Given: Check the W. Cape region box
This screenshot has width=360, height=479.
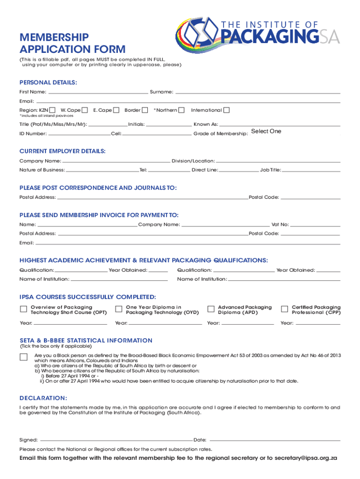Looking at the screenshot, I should (x=85, y=110).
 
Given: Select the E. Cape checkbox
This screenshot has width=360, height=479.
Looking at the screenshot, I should (x=116, y=110).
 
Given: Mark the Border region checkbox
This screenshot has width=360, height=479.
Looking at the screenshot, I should (x=145, y=110).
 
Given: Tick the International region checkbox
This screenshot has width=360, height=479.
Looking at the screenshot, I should (x=227, y=110).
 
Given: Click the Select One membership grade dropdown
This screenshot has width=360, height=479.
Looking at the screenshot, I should (x=266, y=131).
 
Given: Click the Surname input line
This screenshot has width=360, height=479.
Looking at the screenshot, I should (x=258, y=91).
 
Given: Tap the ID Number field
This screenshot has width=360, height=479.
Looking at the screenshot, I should (x=79, y=134).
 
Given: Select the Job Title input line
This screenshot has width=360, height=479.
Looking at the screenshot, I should (x=311, y=170).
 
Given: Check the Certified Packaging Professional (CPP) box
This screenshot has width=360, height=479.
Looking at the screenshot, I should (x=284, y=309).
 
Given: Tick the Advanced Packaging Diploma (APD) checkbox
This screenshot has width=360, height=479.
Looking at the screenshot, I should (x=210, y=309).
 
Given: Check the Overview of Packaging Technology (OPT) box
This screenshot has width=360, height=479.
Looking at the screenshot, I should (x=23, y=309).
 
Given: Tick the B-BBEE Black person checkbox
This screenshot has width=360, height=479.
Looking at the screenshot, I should (x=23, y=357).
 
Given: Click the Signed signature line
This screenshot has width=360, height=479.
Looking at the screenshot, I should (x=116, y=440).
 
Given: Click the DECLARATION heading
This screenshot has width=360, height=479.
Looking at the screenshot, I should (x=43, y=398).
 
